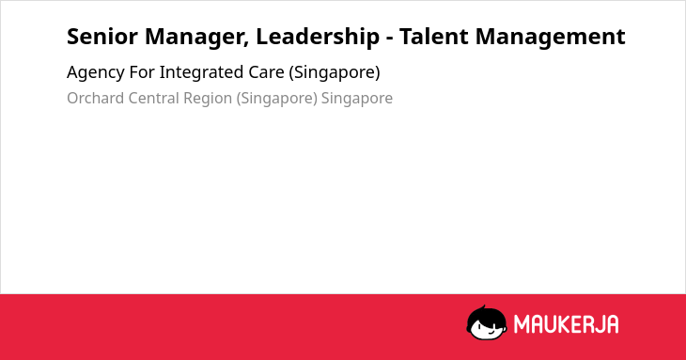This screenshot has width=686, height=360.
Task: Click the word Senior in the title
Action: coord(102,37)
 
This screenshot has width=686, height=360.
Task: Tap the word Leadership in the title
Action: coord(318,38)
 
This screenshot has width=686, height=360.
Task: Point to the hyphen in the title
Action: coord(389,39)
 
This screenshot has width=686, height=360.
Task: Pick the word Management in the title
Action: coord(550,38)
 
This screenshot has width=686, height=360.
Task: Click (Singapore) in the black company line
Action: coord(335,73)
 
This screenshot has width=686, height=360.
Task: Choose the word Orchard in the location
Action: coord(95,98)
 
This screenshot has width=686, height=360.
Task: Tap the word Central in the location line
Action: coord(153,98)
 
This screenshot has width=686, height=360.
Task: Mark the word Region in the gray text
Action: coord(208,99)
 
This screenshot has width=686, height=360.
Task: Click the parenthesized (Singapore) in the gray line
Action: coord(277,99)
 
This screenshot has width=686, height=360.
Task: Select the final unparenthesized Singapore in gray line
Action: coord(357,99)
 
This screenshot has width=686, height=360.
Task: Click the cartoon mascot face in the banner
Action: coord(487,323)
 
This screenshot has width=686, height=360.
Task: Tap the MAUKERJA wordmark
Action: coord(566,324)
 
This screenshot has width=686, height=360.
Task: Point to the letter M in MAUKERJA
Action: coord(521,324)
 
